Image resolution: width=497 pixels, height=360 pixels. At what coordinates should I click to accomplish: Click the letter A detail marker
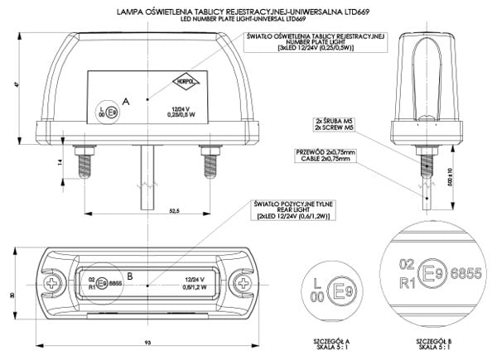(x=126, y=100)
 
